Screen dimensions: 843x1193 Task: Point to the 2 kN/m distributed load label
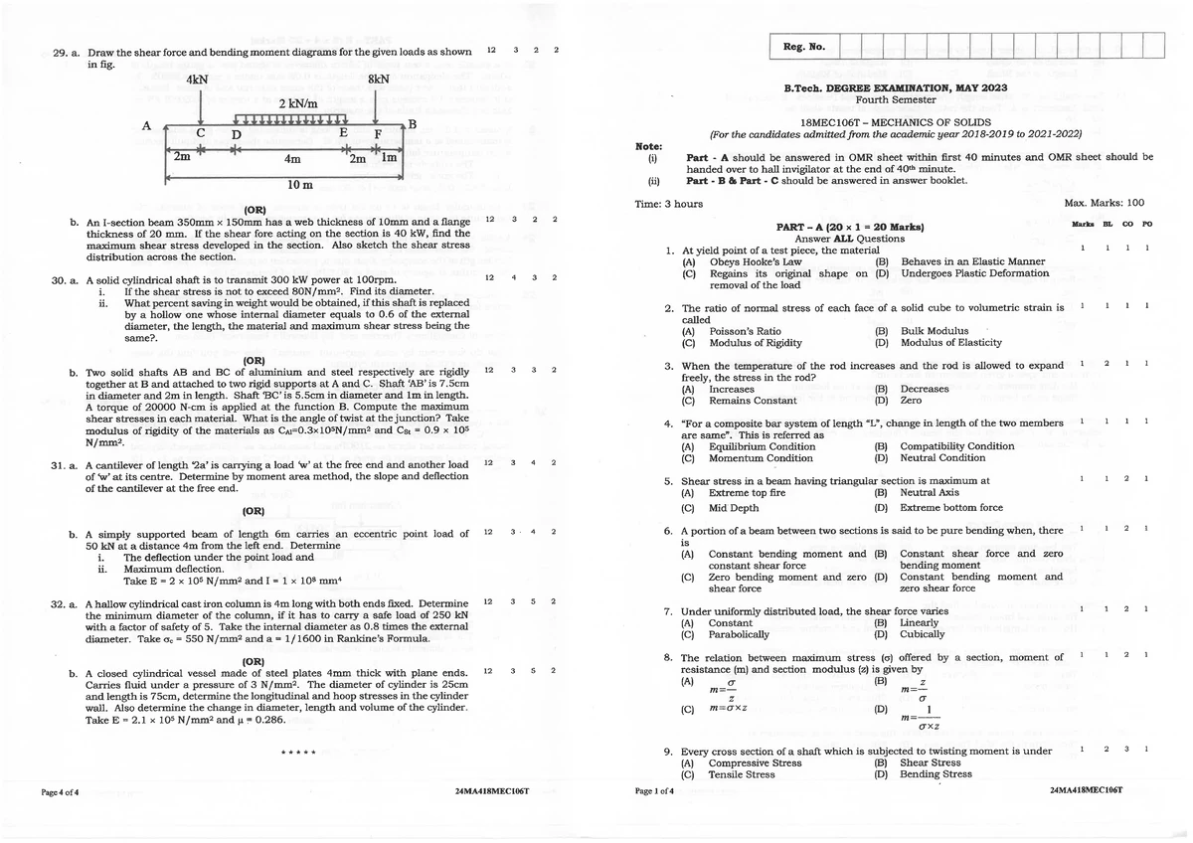[x=297, y=104]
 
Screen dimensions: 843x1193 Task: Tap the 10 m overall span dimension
[x=299, y=185]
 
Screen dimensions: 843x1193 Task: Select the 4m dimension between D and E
[x=293, y=158]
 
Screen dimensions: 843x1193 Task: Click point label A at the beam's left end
[x=146, y=126]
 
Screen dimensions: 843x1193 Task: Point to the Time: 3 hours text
[x=668, y=203]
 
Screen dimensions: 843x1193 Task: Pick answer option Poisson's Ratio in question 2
[x=745, y=331]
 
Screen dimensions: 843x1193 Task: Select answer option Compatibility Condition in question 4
[x=942, y=446]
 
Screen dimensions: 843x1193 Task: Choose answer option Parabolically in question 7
[x=739, y=634]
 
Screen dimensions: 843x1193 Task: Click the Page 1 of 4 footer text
[x=653, y=791]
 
